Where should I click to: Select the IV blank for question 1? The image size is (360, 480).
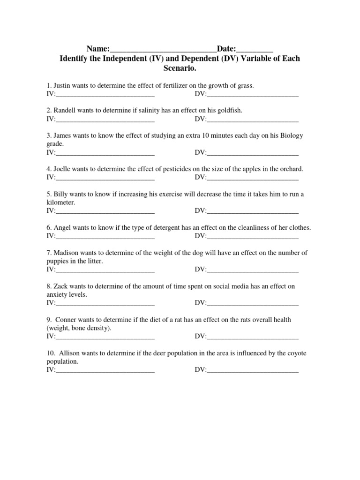[x=105, y=95]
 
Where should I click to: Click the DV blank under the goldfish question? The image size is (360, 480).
[x=253, y=120]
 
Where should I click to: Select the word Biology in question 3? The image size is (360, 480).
[x=292, y=135]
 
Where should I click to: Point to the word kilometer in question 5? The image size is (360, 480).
[x=60, y=202]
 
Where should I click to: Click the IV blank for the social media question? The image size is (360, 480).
[x=105, y=303]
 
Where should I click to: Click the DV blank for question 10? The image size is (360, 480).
[x=253, y=371]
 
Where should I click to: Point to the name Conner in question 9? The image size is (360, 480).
[x=67, y=320]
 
